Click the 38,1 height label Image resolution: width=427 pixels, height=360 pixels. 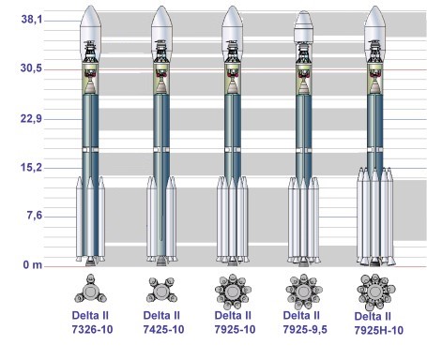pyautogui.click(x=31, y=20)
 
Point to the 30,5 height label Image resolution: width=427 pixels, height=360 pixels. pyautogui.click(x=31, y=67)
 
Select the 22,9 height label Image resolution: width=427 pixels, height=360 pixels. pyautogui.click(x=31, y=119)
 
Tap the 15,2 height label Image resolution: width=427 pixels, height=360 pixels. pyautogui.click(x=31, y=168)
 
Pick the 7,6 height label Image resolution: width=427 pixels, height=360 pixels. pyautogui.click(x=35, y=216)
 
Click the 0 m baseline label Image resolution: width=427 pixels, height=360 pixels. pyautogui.click(x=33, y=265)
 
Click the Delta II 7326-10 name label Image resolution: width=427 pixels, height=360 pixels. pyautogui.click(x=92, y=322)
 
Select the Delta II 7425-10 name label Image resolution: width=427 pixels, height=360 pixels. pyautogui.click(x=163, y=322)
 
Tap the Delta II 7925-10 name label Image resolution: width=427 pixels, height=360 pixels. pyautogui.click(x=235, y=322)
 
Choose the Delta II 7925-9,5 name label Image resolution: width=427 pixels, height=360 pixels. pyautogui.click(x=305, y=322)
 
